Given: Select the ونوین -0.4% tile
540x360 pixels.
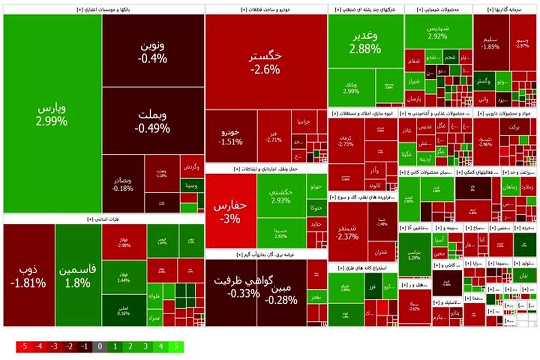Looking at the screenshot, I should pos(153,52).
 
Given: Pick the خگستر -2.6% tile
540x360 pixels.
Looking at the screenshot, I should pos(266,62).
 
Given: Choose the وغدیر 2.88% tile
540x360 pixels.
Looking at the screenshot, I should pos(366,42).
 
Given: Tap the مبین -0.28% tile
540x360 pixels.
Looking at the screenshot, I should pos(282,292).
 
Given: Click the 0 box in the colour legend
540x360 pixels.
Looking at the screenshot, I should pos(99,347).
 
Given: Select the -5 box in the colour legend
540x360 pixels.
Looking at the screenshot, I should pos(22,347).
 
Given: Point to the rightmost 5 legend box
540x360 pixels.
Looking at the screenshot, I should pos(177,347).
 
